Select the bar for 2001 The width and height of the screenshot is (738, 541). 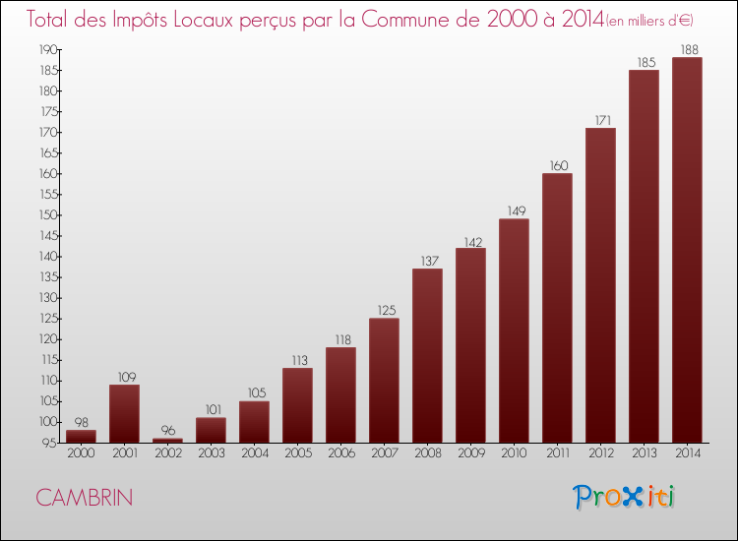point(124,413)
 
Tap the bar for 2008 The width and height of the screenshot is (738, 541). point(427,355)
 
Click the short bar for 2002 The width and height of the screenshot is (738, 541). point(167,440)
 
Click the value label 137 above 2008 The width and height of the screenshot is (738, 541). point(427,260)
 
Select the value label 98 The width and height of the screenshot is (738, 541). point(81,421)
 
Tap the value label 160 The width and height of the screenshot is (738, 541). point(557,164)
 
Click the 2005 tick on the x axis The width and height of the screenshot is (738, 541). point(297,454)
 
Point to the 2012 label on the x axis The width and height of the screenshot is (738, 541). point(600,454)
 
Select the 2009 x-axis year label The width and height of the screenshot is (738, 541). point(470,454)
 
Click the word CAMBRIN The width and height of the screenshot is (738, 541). point(84,498)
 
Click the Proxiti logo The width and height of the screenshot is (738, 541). point(625,496)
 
